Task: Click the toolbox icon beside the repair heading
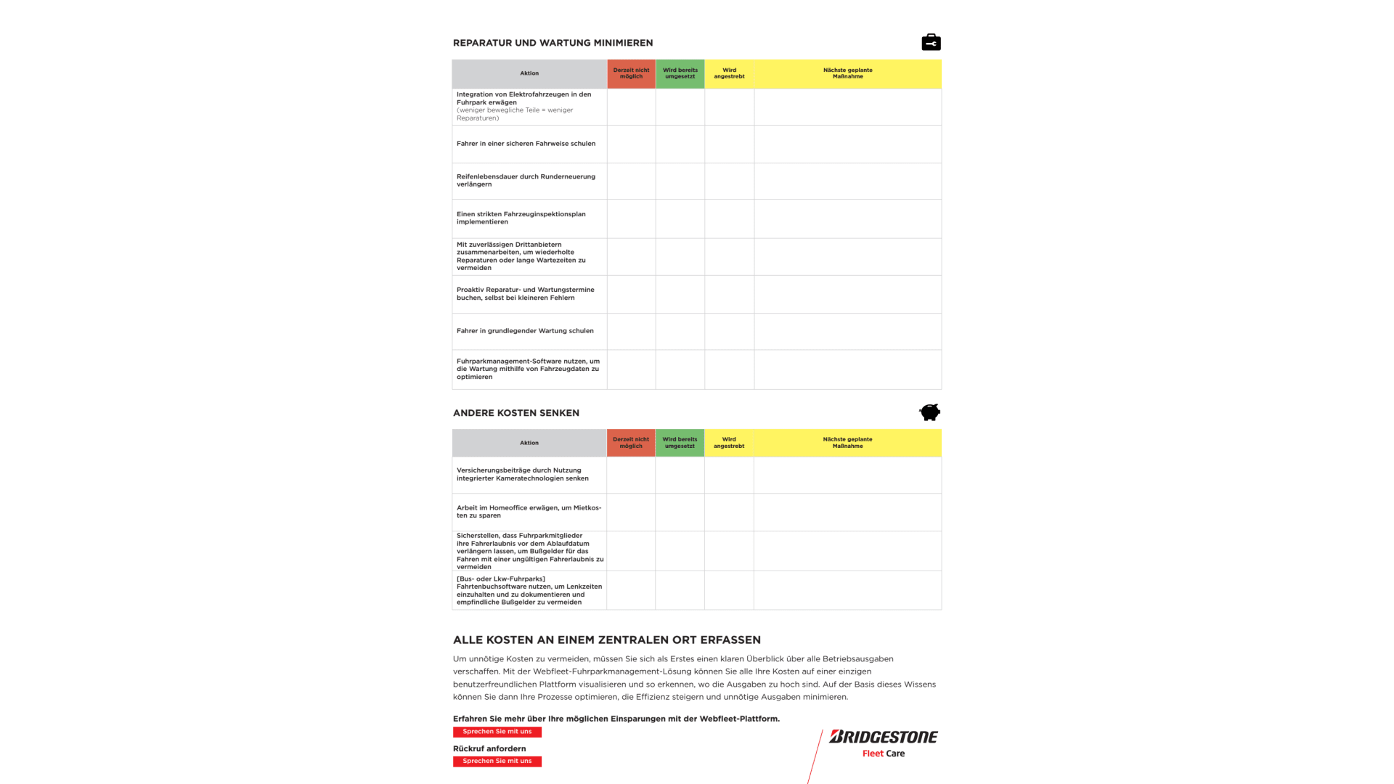[931, 43]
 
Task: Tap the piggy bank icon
[929, 412]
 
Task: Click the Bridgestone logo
[884, 737]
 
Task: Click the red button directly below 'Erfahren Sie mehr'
[497, 732]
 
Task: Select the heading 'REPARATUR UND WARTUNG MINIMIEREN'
[553, 43]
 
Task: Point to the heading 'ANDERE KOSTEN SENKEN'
[516, 413]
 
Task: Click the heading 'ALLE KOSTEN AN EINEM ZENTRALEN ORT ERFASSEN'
[607, 640]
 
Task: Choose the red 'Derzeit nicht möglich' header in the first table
[631, 73]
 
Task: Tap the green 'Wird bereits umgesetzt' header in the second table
[680, 443]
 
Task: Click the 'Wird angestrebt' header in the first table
[729, 73]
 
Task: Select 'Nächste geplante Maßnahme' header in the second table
[847, 443]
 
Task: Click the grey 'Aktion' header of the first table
[529, 73]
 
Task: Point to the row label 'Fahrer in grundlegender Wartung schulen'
[525, 331]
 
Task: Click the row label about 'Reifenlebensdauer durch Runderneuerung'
[526, 180]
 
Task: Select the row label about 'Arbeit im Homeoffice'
[529, 512]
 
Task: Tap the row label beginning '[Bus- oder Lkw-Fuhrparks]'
[529, 590]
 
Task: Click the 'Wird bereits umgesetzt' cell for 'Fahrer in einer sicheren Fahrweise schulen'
[680, 144]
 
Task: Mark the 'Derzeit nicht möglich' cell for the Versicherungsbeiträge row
[631, 475]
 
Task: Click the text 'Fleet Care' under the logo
[884, 754]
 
